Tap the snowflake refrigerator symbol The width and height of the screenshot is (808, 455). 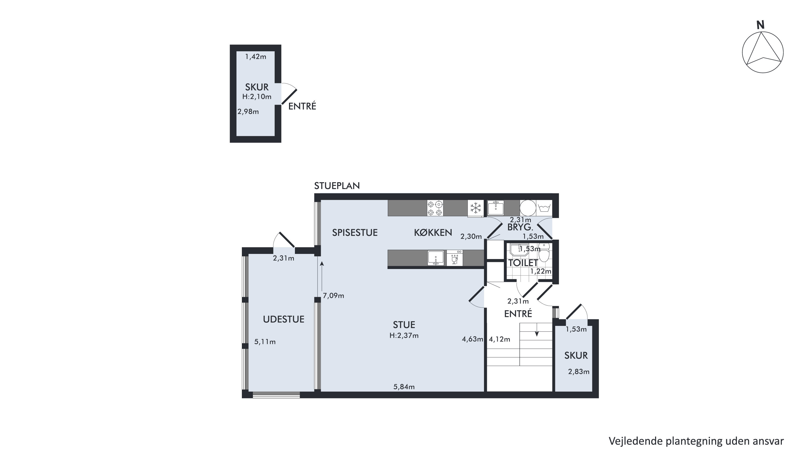[476, 208]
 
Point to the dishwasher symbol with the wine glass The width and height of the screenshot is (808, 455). [455, 258]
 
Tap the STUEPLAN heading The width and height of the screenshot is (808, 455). [337, 186]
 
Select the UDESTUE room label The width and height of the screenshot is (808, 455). [284, 319]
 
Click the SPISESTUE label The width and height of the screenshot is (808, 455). [355, 233]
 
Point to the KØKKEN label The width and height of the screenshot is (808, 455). [433, 233]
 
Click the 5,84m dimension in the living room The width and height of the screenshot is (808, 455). [404, 387]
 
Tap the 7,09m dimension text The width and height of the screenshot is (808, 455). [333, 295]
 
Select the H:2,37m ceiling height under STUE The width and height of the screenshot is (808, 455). [404, 335]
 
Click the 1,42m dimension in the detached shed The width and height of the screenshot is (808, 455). [256, 57]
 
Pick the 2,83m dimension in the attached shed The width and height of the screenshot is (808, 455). [579, 372]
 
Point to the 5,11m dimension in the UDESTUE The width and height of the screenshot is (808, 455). [265, 342]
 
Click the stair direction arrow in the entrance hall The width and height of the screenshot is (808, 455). [537, 330]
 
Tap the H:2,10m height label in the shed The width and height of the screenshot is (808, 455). [257, 97]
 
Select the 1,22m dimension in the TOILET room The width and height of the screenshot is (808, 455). [541, 271]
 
